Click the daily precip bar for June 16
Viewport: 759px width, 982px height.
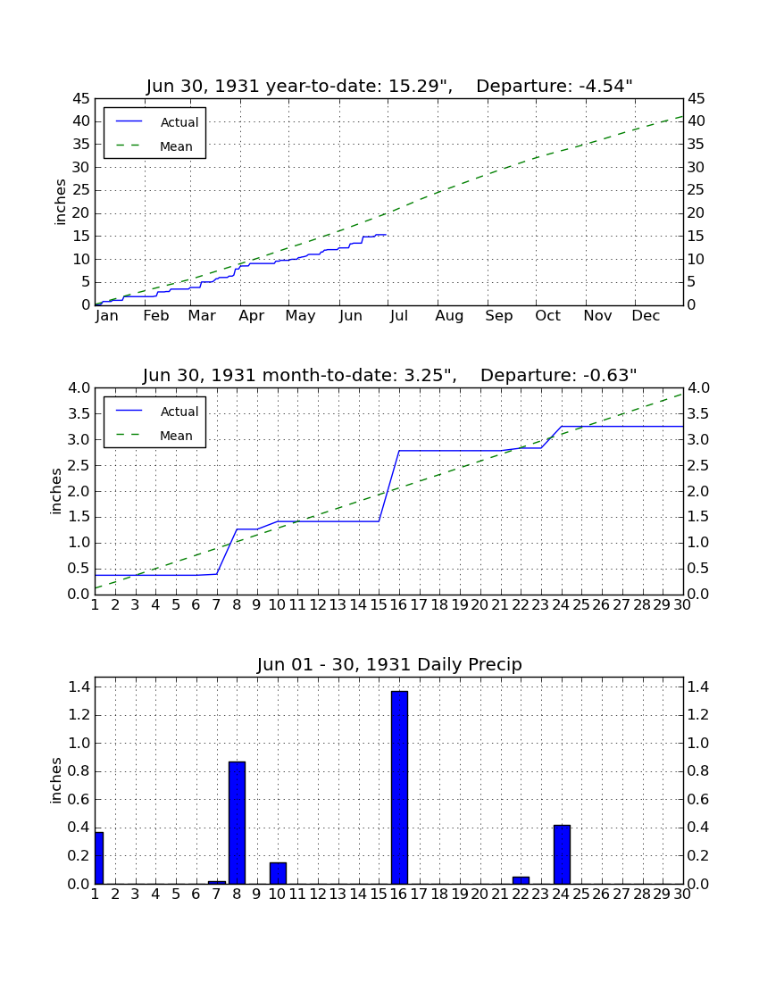(399, 787)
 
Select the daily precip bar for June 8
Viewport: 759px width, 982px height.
(237, 822)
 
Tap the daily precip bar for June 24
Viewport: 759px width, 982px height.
(562, 854)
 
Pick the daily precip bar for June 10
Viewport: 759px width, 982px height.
(278, 873)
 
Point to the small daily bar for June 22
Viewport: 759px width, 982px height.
(521, 880)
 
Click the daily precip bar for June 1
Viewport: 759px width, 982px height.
(99, 858)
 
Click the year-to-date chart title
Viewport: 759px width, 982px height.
(389, 86)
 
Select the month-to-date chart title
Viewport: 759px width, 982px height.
(389, 375)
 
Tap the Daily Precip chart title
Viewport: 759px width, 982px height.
(389, 664)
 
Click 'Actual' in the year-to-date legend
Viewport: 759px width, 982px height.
(179, 122)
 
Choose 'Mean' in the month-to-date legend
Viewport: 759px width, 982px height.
(176, 436)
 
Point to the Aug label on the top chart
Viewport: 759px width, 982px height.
(449, 316)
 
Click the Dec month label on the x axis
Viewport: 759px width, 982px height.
(646, 316)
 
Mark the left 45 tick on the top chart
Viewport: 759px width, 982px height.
(81, 98)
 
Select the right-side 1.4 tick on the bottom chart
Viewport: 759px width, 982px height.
(698, 687)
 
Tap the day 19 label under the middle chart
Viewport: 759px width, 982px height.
(460, 605)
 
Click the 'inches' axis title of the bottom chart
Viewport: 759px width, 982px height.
(56, 780)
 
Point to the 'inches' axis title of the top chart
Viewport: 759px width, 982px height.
(60, 202)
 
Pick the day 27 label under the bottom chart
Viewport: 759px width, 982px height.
(621, 895)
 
